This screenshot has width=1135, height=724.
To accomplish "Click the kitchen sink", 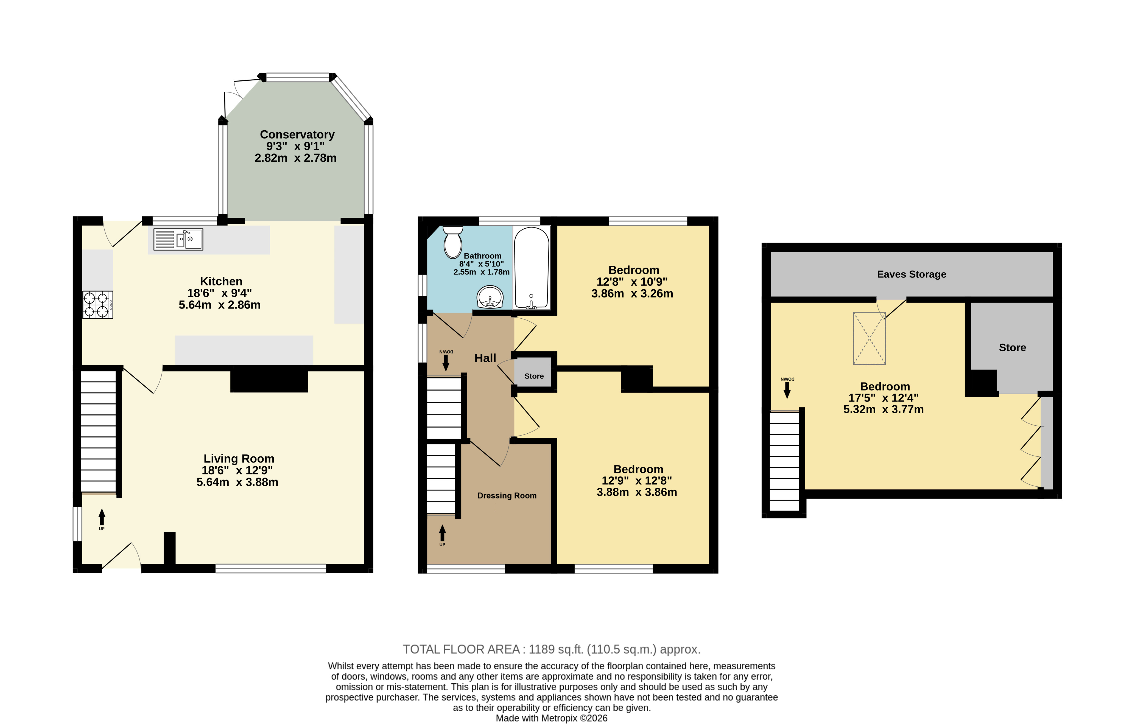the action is click(x=178, y=239).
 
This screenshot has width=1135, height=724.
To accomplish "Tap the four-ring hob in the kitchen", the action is click(x=97, y=305).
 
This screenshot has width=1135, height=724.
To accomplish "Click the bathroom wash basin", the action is click(x=490, y=297).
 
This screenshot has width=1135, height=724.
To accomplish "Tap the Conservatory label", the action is click(x=297, y=135).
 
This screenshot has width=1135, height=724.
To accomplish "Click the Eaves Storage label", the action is click(x=912, y=274).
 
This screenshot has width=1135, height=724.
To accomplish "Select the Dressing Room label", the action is click(x=507, y=496).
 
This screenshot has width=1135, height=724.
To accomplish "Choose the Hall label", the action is click(x=485, y=358).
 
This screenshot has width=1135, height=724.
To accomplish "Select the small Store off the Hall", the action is click(x=534, y=372).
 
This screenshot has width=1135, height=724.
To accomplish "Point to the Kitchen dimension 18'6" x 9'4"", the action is click(x=220, y=293).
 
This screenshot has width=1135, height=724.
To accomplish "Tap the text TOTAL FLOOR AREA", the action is click(x=462, y=650).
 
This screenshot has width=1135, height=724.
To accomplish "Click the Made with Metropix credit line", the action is click(x=552, y=718).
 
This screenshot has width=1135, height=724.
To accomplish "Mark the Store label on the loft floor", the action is click(x=1013, y=348).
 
